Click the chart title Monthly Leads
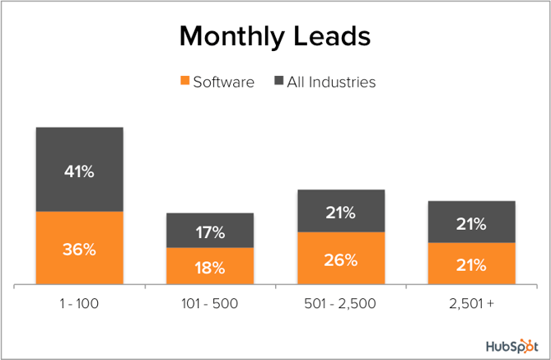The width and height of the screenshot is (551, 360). point(275,37)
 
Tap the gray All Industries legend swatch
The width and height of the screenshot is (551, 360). point(279,82)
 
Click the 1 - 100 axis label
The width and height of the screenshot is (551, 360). point(79,304)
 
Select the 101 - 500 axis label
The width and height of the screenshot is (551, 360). point(210,304)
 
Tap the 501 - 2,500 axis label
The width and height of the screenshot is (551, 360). point(341,304)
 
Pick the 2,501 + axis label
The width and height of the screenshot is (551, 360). point(472,304)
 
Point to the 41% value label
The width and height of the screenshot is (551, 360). point(79,172)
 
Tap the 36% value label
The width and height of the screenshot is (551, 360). point(79,249)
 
